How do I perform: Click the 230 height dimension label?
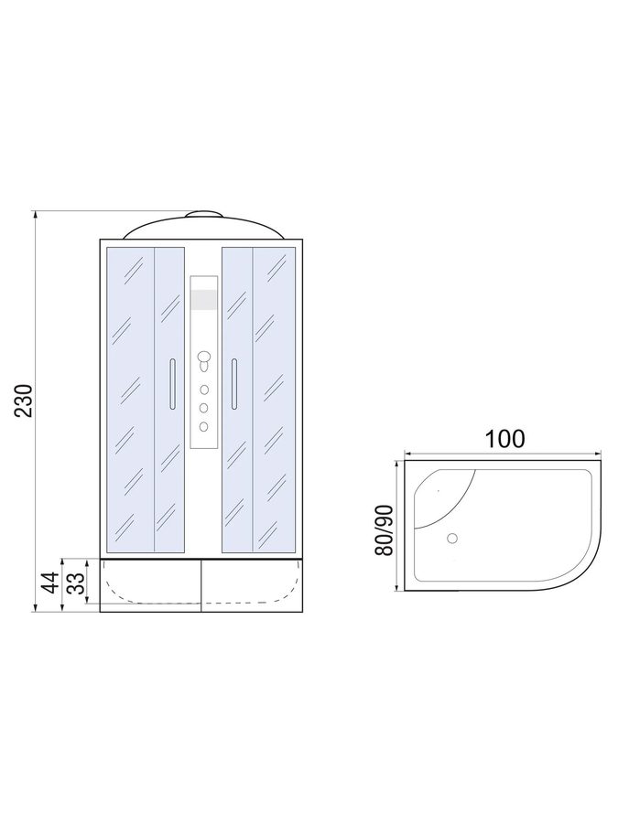pyautogui.click(x=24, y=401)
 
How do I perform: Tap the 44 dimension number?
pyautogui.click(x=51, y=583)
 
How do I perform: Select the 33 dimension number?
pyautogui.click(x=76, y=583)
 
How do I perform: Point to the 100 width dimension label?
pyautogui.click(x=504, y=439)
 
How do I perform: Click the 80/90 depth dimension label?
pyautogui.click(x=385, y=530)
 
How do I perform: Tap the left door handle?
pyautogui.click(x=172, y=384)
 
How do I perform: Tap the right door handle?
pyautogui.click(x=233, y=384)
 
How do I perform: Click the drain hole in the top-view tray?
pyautogui.click(x=451, y=538)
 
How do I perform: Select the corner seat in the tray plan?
pyautogui.click(x=440, y=496)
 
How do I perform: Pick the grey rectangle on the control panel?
pyautogui.click(x=203, y=299)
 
